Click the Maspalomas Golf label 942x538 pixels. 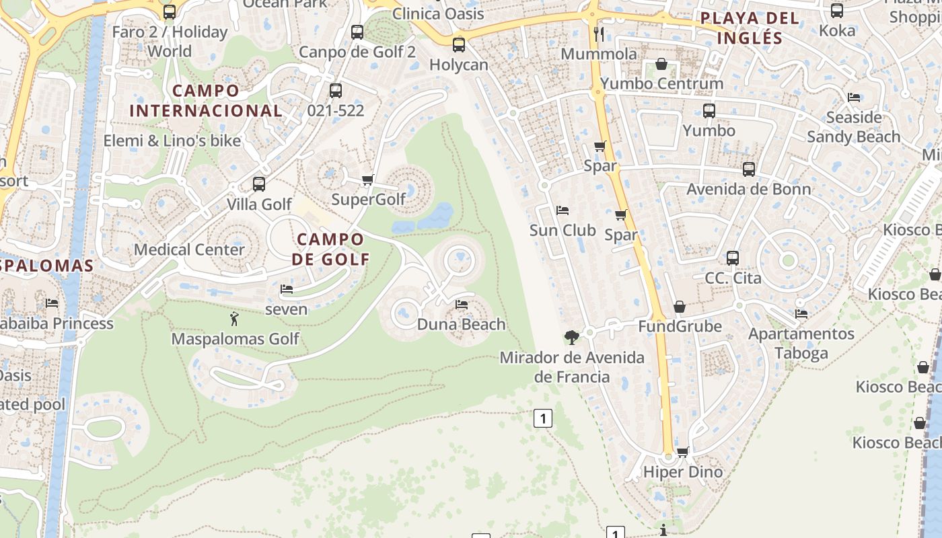(x=235, y=338)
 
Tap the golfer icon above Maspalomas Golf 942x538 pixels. (x=234, y=319)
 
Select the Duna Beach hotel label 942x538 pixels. (x=461, y=324)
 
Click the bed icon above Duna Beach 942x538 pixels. (x=462, y=305)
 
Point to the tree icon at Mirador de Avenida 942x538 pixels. (x=572, y=336)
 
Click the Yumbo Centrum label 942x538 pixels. (x=661, y=83)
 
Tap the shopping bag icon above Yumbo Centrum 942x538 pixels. (x=661, y=65)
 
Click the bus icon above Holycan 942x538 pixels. (x=459, y=45)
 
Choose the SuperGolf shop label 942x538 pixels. (x=369, y=199)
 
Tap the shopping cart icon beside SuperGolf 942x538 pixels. (x=367, y=180)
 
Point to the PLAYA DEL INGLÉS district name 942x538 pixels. (x=750, y=28)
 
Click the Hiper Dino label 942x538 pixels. (x=682, y=471)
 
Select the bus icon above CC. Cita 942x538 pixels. (x=733, y=258)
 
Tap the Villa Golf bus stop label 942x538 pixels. (x=259, y=204)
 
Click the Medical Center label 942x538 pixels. (x=189, y=249)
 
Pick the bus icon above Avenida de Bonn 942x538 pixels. (x=749, y=169)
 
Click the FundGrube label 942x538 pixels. (x=680, y=326)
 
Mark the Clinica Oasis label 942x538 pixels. (x=437, y=13)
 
